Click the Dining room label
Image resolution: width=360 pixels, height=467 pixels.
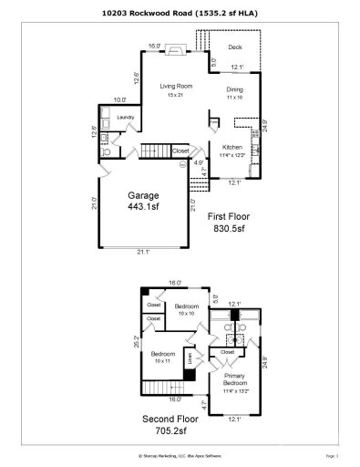click(x=236, y=89)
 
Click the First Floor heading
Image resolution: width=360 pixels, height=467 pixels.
click(x=230, y=216)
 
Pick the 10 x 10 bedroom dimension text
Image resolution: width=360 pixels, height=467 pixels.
click(x=187, y=312)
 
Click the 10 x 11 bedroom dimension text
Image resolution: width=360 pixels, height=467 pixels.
click(x=162, y=360)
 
